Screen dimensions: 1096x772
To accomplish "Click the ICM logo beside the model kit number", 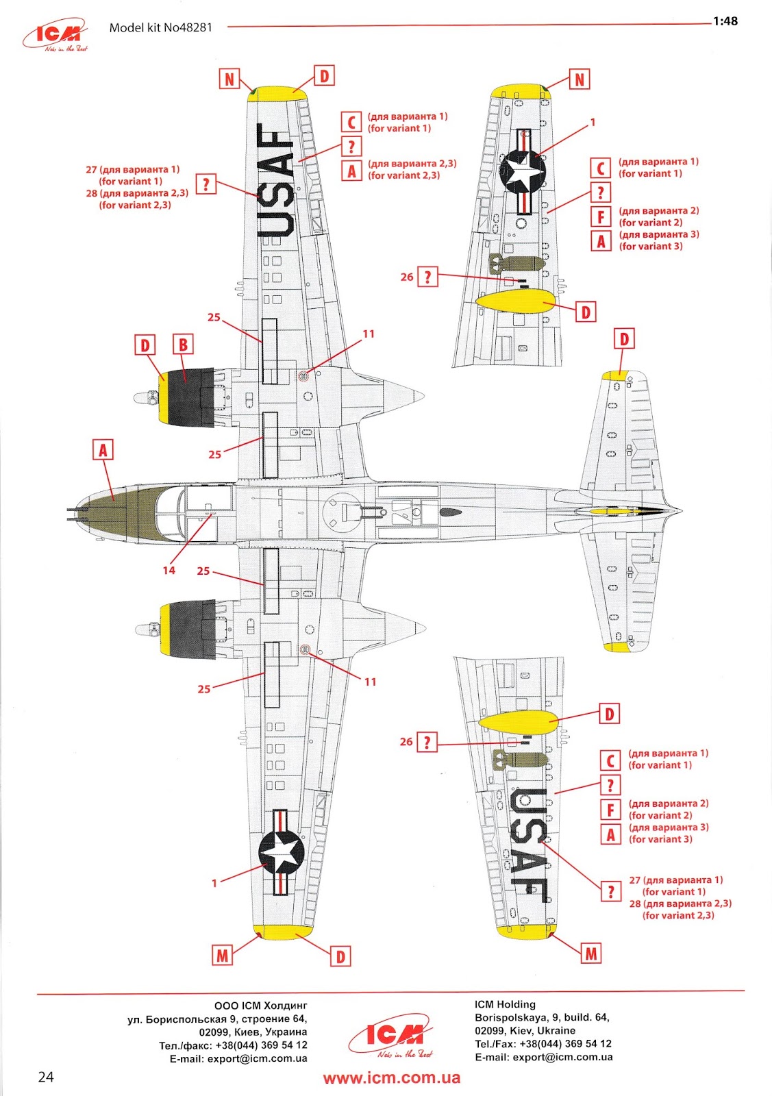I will pos(56,35).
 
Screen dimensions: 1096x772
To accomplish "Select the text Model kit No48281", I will pos(161,28).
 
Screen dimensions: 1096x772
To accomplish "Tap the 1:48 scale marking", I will pos(725,21).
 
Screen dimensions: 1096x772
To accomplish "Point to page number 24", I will pos(45,1077).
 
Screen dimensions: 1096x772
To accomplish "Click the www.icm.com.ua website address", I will pos(392,1078).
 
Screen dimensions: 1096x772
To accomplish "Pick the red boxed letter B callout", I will pos(183,345).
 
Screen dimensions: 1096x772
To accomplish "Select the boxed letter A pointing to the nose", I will pos(103,450).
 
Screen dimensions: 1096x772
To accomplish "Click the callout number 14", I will pos(169,570).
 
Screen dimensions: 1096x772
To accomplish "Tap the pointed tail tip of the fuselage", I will pos(678,510).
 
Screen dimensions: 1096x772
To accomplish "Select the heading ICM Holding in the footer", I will pos(505,1004).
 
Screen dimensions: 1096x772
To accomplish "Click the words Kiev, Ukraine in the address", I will pos(541,1030).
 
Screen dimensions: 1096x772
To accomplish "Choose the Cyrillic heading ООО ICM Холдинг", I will pos(260,1006).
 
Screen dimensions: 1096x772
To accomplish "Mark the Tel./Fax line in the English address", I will pos(543,1044).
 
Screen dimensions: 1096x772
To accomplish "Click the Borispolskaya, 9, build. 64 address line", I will pos(542,1017).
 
